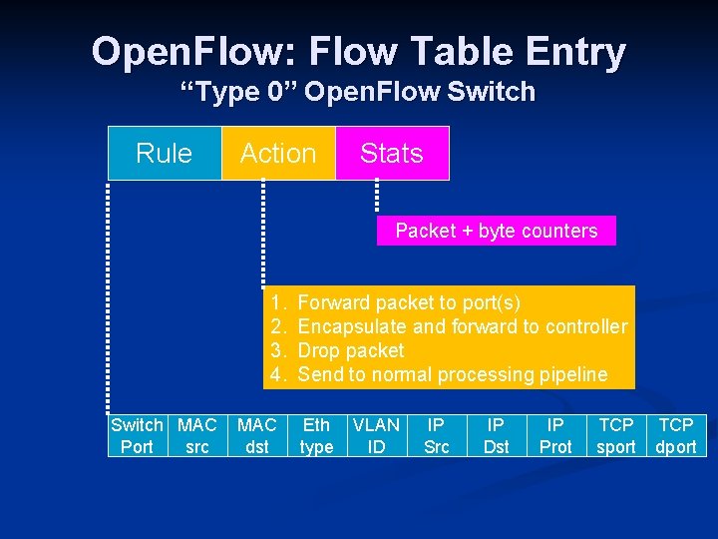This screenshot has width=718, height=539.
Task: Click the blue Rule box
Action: coord(165,154)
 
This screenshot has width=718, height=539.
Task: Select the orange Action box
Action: coord(278,154)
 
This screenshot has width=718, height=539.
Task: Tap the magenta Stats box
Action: coord(392,154)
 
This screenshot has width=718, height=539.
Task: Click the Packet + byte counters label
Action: coord(496,231)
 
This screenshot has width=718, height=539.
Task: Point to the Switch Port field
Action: coord(138,435)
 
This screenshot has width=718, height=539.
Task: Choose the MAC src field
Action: coord(197,435)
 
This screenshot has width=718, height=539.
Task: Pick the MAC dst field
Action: coord(257,435)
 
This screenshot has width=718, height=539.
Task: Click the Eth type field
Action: coord(317,435)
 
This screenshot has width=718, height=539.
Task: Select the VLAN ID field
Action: coord(377,435)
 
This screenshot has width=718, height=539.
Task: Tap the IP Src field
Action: coord(437,435)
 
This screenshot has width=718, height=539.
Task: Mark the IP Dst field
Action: coord(497,435)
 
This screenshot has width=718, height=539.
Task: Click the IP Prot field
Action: coord(556,435)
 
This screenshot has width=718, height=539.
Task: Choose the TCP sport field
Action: coord(616,435)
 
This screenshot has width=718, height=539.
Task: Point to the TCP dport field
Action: coord(676,435)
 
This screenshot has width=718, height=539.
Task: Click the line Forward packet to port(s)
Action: coord(409,302)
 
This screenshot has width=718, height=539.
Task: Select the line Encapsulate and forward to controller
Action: coord(463,326)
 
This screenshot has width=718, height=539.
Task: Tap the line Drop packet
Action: coord(351,350)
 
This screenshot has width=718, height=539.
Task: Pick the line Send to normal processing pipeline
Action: coord(452,374)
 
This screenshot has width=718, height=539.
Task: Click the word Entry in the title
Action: coord(567,51)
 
